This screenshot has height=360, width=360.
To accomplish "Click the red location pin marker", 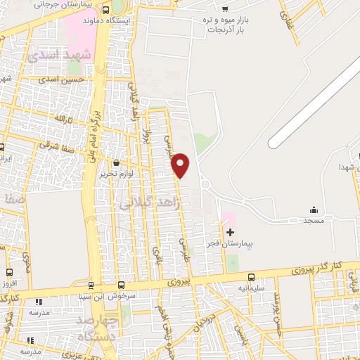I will pos(181,165).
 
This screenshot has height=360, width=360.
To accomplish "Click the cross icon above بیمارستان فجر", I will pos(231,231).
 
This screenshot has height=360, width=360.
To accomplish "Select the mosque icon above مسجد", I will pos(314,210).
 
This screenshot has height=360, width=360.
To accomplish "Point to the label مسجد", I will pos(314,221).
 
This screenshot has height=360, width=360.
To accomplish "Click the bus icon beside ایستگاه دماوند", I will pos(105,11).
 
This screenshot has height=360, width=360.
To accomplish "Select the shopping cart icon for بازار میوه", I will pos(224,9).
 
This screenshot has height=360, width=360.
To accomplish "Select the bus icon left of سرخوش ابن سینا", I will pos(122,285).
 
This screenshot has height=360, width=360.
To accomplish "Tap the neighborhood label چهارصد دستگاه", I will pos(96,328).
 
